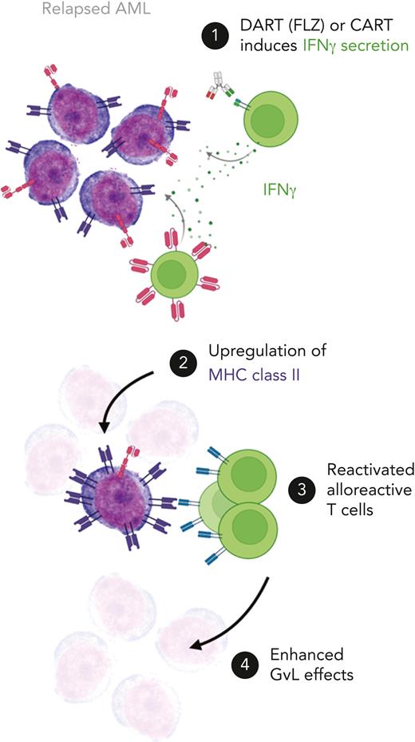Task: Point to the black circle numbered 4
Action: pos(245,663)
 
